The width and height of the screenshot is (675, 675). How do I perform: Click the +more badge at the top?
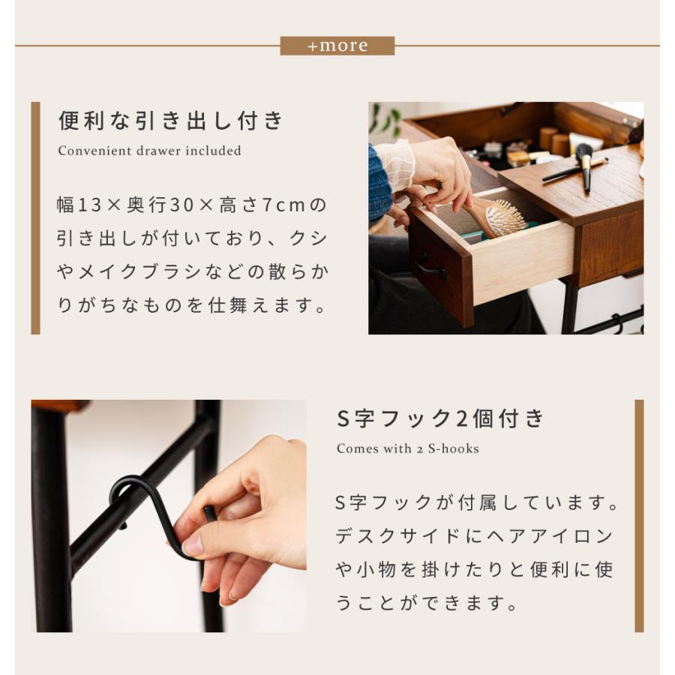pyautogui.click(x=337, y=46)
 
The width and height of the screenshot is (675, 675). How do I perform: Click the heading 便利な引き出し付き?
pyautogui.click(x=171, y=120)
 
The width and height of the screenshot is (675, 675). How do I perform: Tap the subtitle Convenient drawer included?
pyautogui.click(x=149, y=151)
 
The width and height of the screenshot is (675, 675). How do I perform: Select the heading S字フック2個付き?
pyautogui.click(x=439, y=418)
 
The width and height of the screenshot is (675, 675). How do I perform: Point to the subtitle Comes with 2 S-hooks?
pyautogui.click(x=407, y=448)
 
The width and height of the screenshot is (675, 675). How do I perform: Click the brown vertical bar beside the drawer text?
pyautogui.click(x=35, y=217)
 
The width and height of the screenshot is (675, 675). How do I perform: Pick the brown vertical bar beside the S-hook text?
pyautogui.click(x=639, y=515)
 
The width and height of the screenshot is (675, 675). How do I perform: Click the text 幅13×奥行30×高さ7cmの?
pyautogui.click(x=192, y=205)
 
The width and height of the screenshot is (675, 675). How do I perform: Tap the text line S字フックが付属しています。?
pyautogui.click(x=478, y=502)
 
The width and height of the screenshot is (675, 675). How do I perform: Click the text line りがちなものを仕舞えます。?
pyautogui.click(x=192, y=306)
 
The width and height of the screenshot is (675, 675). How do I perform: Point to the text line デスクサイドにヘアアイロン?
pyautogui.click(x=474, y=536)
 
